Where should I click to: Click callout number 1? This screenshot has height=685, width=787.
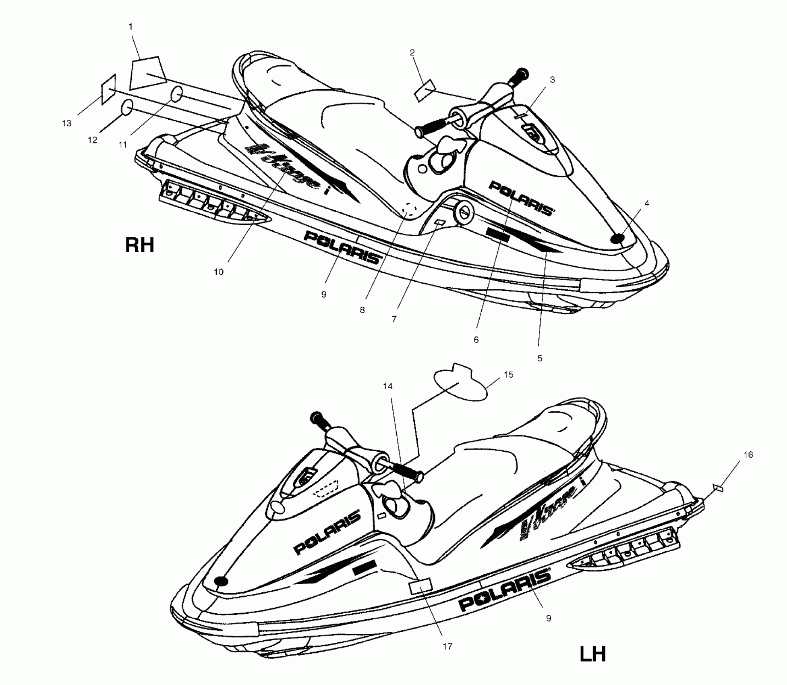130,27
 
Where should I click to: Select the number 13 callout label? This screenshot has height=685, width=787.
67,123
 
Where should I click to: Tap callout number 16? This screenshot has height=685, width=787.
748,455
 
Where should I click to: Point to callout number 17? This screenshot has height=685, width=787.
447,646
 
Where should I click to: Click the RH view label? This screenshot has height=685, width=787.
139,245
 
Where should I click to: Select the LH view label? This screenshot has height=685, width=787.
592,654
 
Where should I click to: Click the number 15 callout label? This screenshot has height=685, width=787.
508,375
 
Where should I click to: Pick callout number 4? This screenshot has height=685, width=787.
647,203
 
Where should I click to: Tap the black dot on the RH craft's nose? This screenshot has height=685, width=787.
617,239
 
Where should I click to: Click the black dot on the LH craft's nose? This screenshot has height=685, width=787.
221,581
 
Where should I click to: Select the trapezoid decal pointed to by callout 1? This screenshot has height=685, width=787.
147,73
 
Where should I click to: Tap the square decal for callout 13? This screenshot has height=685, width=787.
109,89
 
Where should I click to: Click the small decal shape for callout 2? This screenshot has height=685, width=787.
425,91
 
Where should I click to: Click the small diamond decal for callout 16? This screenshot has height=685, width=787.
718,488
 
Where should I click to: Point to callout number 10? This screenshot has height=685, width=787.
218,272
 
